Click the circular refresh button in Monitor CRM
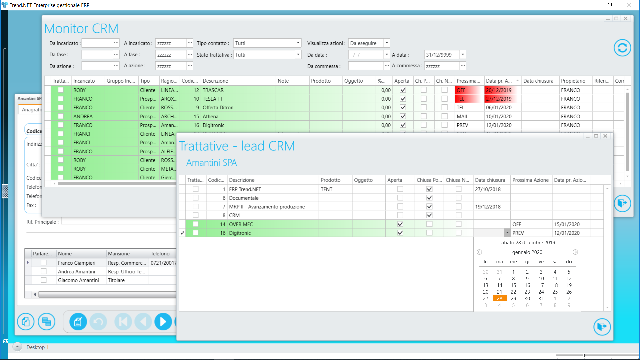point(622,48)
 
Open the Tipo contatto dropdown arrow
point(298,43)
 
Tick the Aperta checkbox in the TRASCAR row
point(403,90)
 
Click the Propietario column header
point(573,81)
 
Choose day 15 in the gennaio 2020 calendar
point(513,285)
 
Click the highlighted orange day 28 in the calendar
point(499,299)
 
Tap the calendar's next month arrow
point(575,252)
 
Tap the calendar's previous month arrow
point(479,252)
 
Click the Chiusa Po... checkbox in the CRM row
point(429,215)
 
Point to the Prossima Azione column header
point(530,180)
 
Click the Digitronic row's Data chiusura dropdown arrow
point(507,233)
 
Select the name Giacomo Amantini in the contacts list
point(78,280)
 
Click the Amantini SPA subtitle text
point(211,163)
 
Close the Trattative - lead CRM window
point(605,136)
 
